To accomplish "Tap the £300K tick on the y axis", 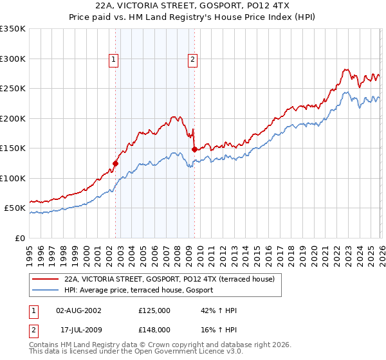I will tap(13, 59).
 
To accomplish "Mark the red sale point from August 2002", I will tap(116, 163).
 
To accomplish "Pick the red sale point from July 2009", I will tap(194, 149).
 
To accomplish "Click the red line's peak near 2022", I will tap(345, 69).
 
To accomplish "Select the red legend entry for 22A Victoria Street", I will tap(169, 279).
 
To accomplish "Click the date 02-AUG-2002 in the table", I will tap(79, 310).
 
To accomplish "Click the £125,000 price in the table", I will tap(154, 310).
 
